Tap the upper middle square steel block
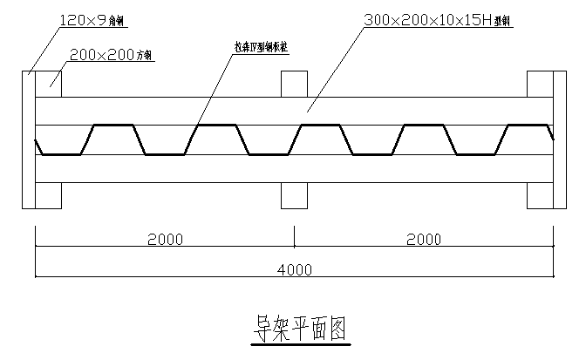(x=294, y=84)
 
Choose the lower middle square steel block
(x=294, y=195)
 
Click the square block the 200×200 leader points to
(x=48, y=84)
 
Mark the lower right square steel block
(x=540, y=195)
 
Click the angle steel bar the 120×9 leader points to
(x=27, y=139)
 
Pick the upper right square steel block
(x=540, y=84)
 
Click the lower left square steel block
(x=48, y=195)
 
